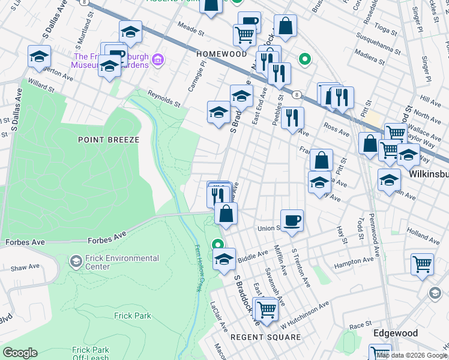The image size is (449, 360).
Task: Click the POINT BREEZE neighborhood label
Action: tap(109, 140)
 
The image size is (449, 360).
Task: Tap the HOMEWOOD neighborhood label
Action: tap(221, 54)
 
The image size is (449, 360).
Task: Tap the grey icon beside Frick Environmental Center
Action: tap(76, 262)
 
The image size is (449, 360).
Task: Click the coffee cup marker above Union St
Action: tap(292, 220)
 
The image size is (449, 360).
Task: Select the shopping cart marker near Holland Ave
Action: tap(422, 263)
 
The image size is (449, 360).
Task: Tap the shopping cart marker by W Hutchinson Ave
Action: tap(267, 310)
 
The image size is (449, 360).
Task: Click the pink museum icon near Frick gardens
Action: tap(158, 59)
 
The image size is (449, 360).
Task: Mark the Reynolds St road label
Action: tap(164, 98)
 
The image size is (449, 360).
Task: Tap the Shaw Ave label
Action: tap(25, 268)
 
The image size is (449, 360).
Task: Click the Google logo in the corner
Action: tap(20, 353)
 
